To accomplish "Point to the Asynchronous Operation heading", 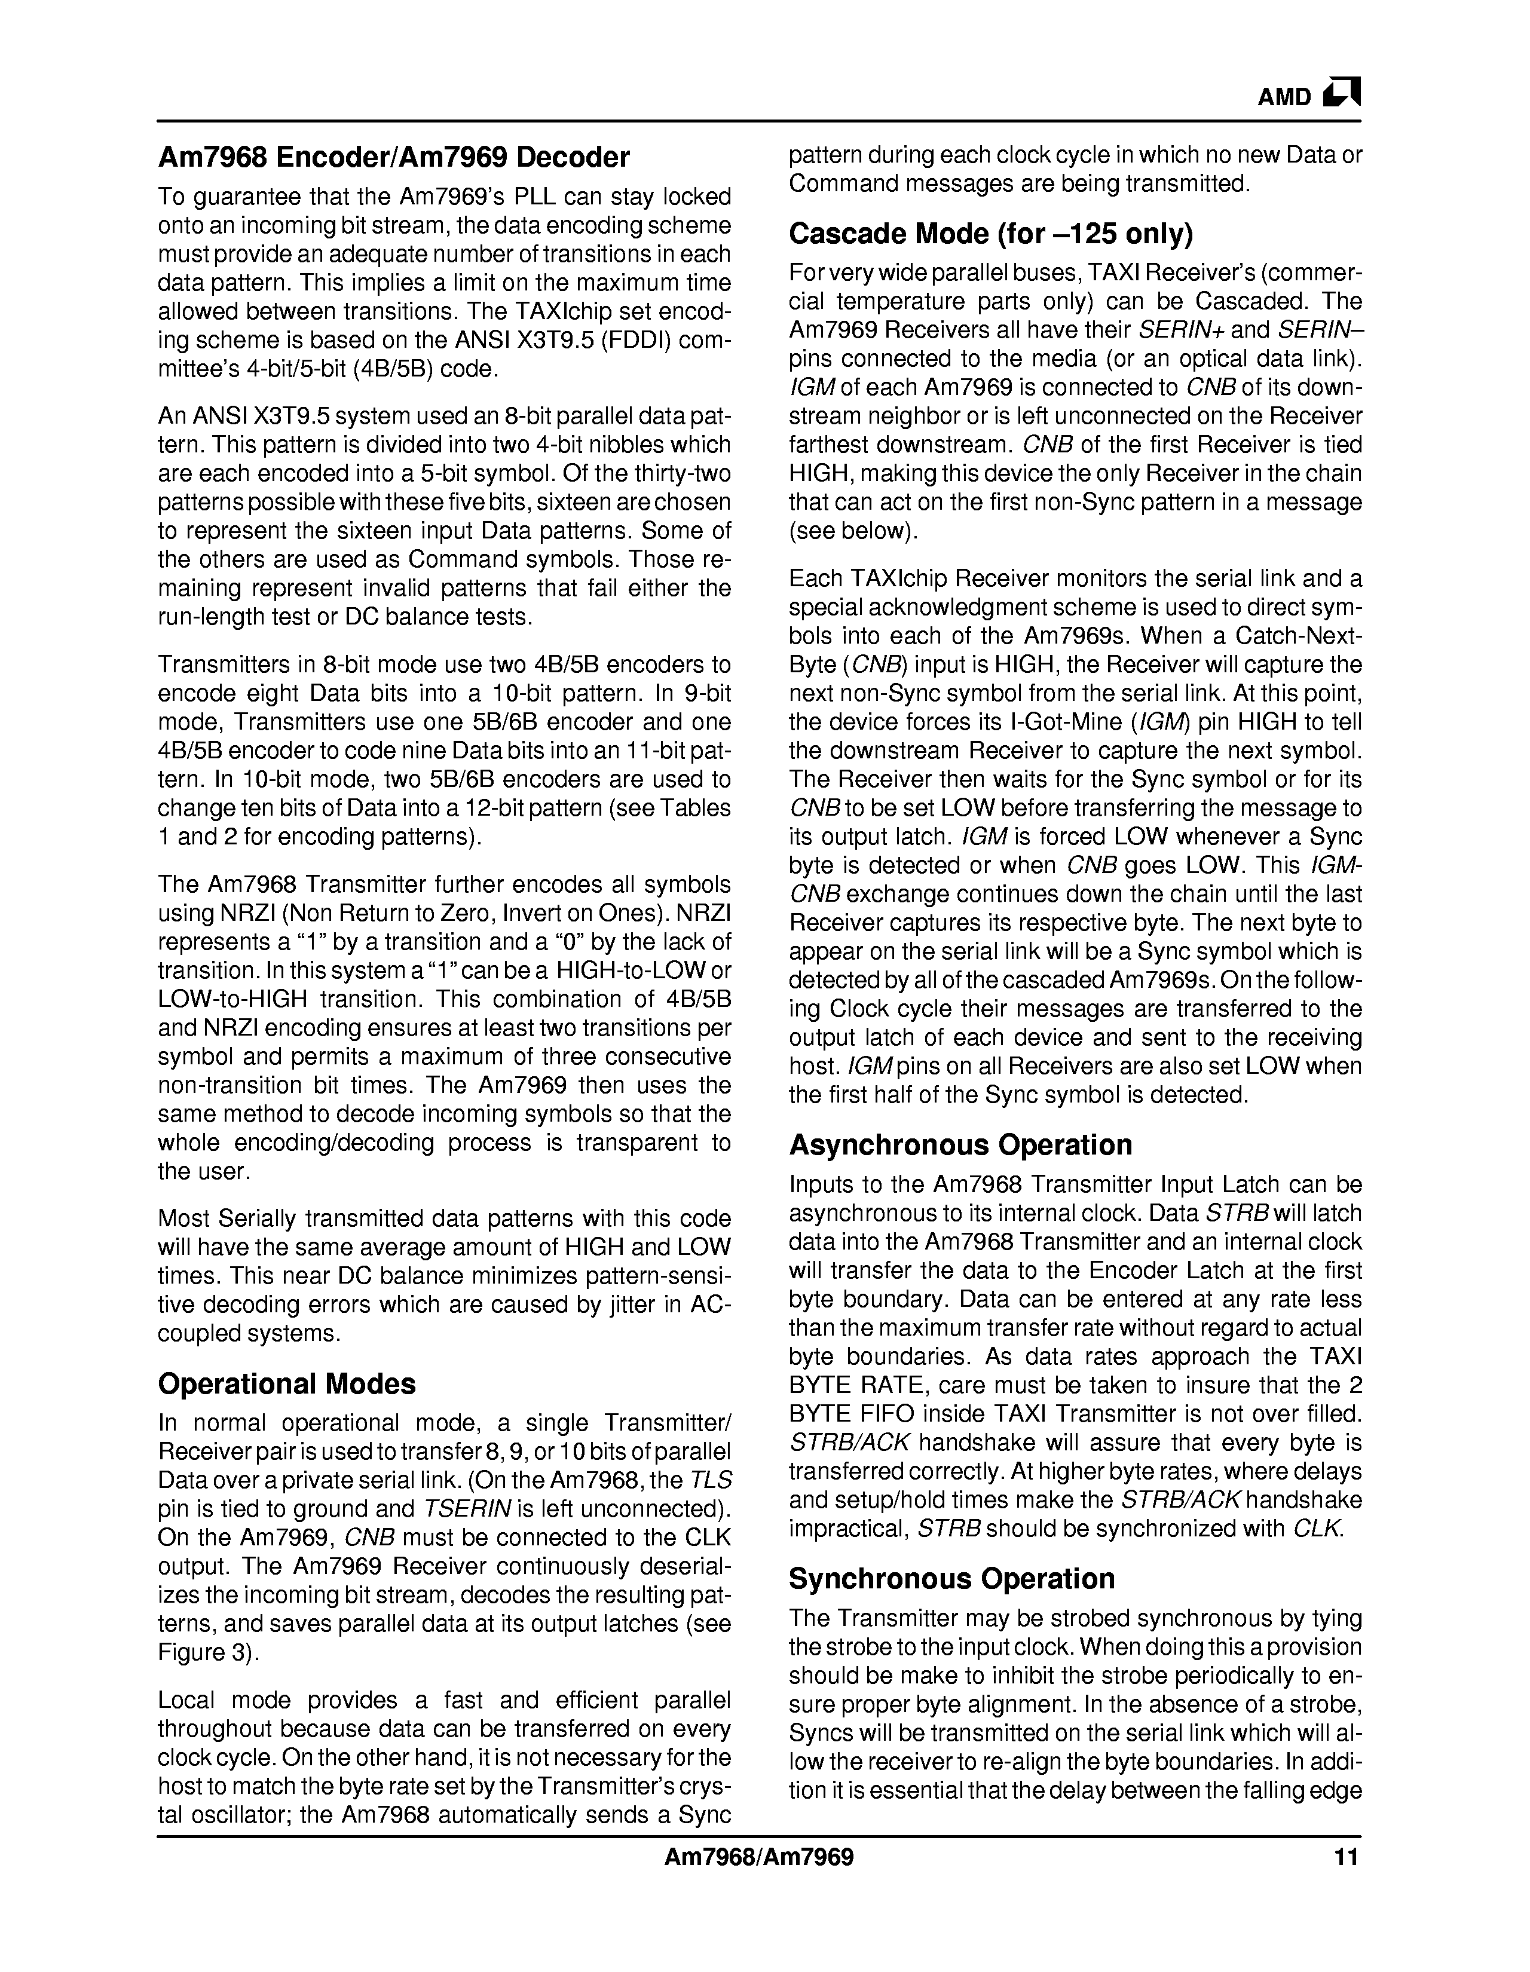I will (960, 1145).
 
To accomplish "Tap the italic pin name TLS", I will (711, 1480).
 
